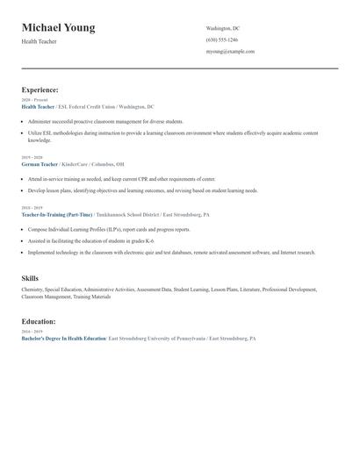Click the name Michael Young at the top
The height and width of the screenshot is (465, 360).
(x=58, y=28)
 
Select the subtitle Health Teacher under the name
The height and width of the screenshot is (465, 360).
(x=40, y=41)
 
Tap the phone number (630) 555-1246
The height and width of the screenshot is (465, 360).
(x=221, y=39)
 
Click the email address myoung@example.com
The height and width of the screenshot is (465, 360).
(x=230, y=51)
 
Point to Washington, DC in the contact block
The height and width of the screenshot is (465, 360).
(x=223, y=28)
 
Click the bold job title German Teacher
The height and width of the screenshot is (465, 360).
(x=40, y=164)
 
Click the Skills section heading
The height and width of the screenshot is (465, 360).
(x=30, y=277)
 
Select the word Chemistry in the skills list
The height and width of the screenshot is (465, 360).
(x=32, y=289)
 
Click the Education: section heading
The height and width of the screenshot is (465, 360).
(x=39, y=322)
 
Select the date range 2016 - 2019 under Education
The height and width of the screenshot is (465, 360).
(x=31, y=332)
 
